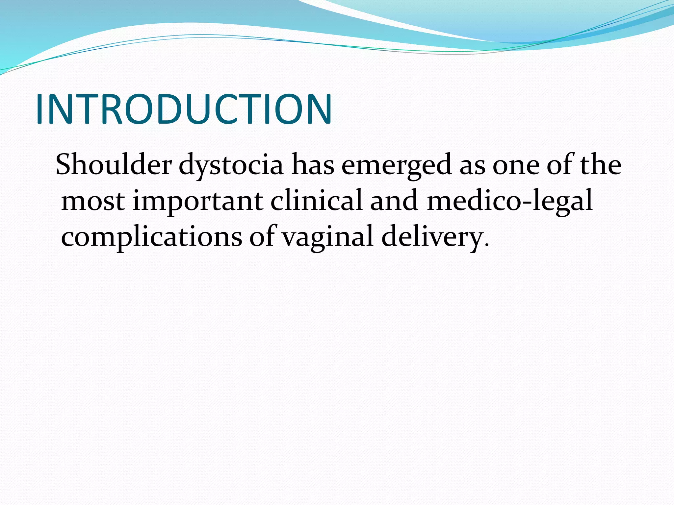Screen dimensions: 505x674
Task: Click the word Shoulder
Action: pyautogui.click(x=114, y=164)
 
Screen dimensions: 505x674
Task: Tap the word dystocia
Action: pyautogui.click(x=231, y=165)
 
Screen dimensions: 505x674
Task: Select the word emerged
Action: pyautogui.click(x=396, y=165)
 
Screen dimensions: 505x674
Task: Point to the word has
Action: pyautogui.click(x=313, y=164)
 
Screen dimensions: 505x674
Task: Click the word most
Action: pyautogui.click(x=93, y=201)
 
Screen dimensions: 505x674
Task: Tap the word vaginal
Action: pyautogui.click(x=328, y=237)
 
